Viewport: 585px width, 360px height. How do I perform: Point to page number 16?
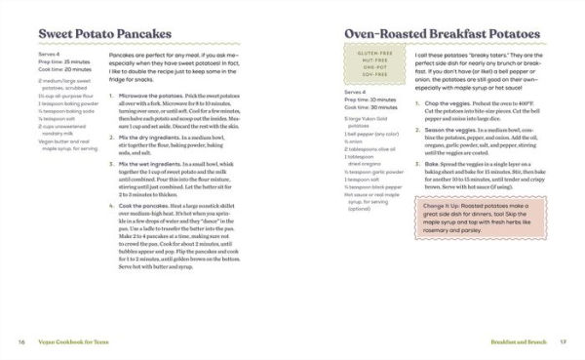pyautogui.click(x=21, y=341)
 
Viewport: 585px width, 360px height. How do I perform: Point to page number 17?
pyautogui.click(x=563, y=341)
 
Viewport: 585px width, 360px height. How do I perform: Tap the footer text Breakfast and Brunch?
pyautogui.click(x=518, y=341)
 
